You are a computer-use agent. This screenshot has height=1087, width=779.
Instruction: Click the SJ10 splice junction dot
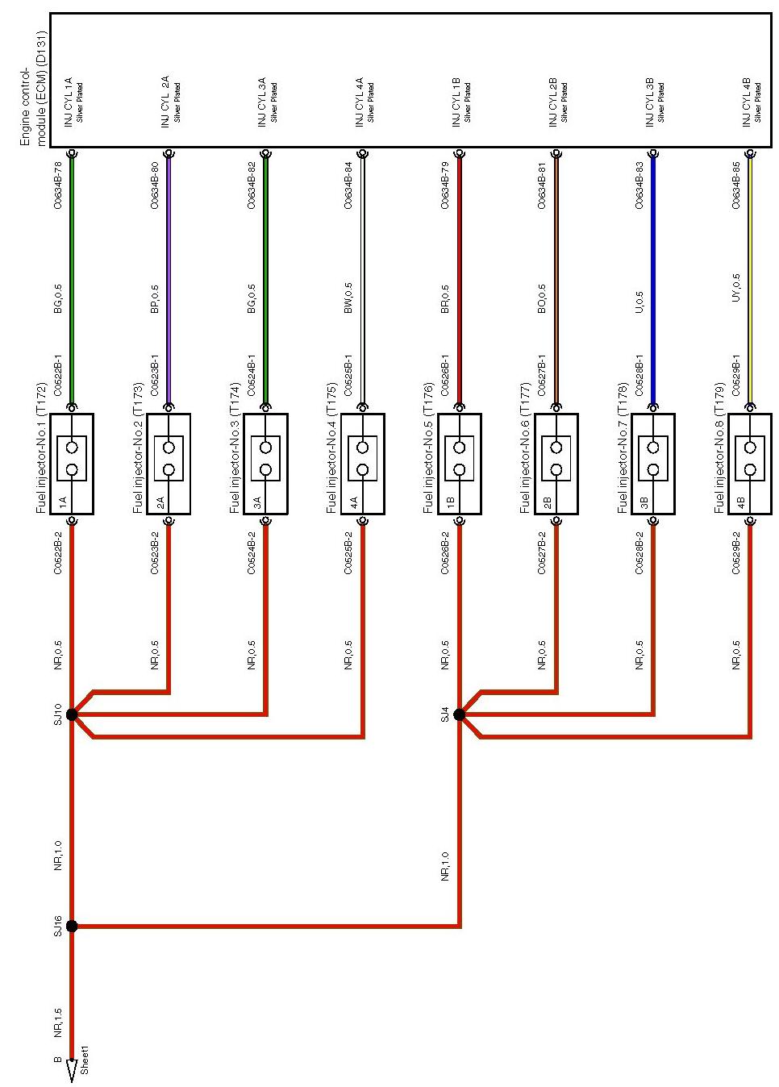72,714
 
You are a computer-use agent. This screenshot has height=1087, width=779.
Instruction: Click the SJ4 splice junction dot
460,714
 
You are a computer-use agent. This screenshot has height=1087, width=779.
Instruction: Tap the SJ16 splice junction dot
72,927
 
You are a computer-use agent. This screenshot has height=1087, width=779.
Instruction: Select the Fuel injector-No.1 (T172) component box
72,464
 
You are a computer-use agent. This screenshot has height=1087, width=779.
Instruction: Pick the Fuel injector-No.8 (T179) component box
750,464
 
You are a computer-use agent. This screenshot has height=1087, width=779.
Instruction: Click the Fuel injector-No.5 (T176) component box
460,464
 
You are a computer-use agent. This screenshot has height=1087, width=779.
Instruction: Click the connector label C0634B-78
58,186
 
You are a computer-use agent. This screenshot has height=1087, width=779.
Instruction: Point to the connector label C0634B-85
736,186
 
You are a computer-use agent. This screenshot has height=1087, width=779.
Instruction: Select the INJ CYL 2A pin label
165,101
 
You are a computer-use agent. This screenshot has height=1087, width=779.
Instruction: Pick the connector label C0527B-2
542,553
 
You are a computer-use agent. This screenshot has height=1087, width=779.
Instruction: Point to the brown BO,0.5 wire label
542,298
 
